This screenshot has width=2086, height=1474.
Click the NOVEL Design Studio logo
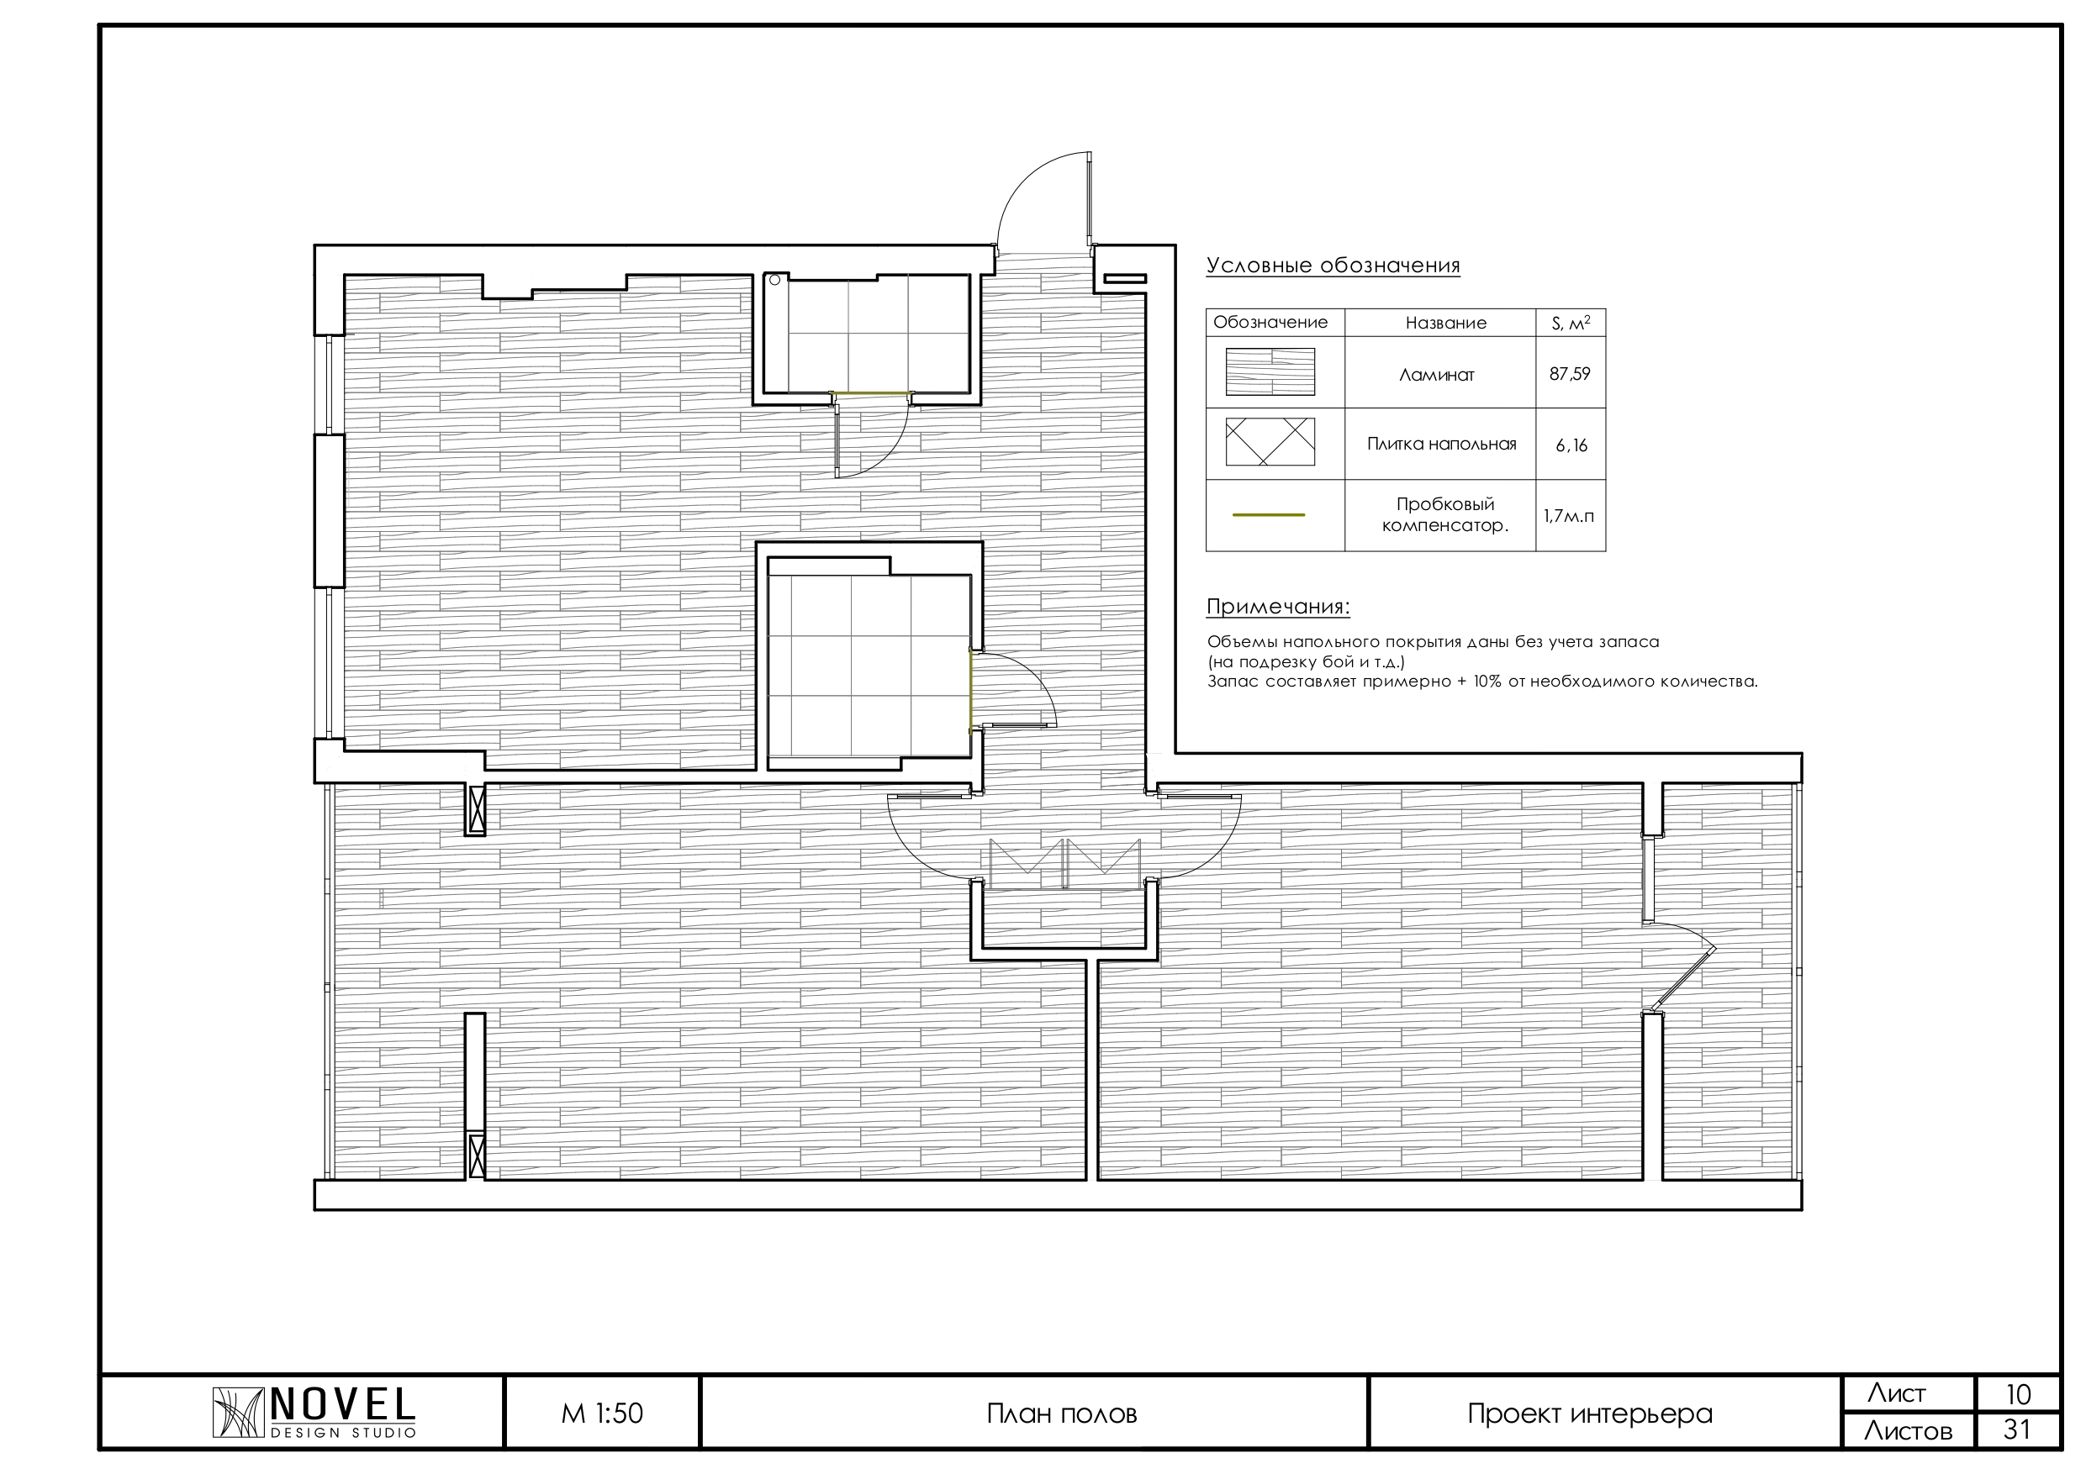pyautogui.click(x=314, y=1413)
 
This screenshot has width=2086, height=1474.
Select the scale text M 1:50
pyautogui.click(x=602, y=1413)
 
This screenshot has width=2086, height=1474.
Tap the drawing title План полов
pyautogui.click(x=1061, y=1414)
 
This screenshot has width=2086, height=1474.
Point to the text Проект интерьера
pyautogui.click(x=1590, y=1414)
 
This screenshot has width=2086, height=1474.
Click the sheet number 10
pyautogui.click(x=2018, y=1394)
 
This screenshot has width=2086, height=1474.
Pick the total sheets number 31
pyautogui.click(x=2018, y=1430)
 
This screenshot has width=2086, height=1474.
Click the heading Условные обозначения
pyautogui.click(x=1333, y=266)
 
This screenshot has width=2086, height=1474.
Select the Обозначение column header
pyautogui.click(x=1270, y=323)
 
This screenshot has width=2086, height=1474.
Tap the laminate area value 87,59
pyautogui.click(x=1570, y=373)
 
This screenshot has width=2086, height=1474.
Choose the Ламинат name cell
pyautogui.click(x=1436, y=374)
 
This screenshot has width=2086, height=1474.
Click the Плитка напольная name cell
pyautogui.click(x=1441, y=444)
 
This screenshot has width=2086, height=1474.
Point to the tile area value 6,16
pyautogui.click(x=1571, y=446)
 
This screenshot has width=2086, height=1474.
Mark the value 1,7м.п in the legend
pyautogui.click(x=1568, y=516)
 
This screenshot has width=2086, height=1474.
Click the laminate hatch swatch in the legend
pyautogui.click(x=1270, y=371)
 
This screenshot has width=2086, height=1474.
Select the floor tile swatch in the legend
pyautogui.click(x=1270, y=441)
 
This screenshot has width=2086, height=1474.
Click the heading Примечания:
pyautogui.click(x=1277, y=607)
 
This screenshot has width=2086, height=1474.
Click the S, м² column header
pyautogui.click(x=1571, y=323)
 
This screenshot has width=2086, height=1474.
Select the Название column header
pyautogui.click(x=1445, y=323)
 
